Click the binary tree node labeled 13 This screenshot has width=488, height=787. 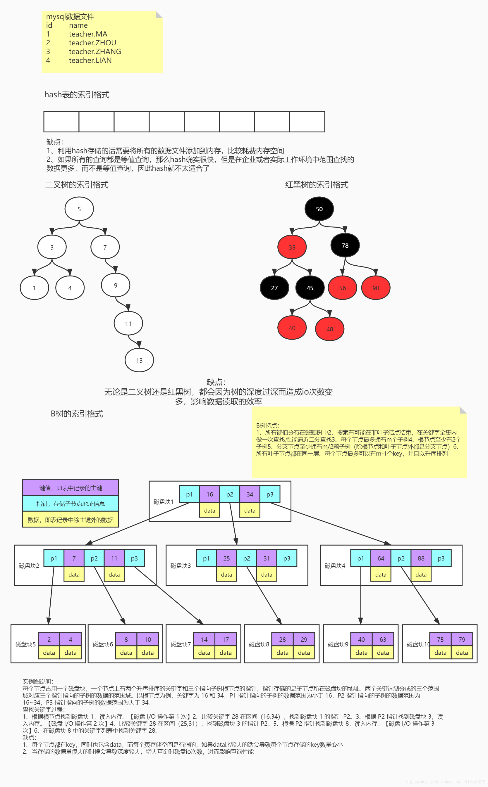(x=139, y=360)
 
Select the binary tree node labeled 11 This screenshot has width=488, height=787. (x=128, y=324)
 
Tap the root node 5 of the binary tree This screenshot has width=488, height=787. (x=79, y=209)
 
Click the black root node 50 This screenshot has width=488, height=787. (x=319, y=209)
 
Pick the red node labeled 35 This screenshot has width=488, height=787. (x=292, y=247)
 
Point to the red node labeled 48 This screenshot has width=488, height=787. (x=329, y=329)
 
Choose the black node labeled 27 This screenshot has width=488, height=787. (x=274, y=288)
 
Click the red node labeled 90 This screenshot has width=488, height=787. (x=376, y=288)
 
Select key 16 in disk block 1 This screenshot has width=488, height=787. (x=209, y=494)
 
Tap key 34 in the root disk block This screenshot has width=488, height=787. (x=250, y=494)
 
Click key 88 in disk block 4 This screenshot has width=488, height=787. (x=421, y=558)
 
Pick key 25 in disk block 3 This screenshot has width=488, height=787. (x=226, y=558)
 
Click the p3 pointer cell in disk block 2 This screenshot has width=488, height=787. (x=134, y=558)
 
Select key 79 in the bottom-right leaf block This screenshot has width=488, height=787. (x=462, y=639)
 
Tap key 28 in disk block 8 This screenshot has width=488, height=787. (x=282, y=639)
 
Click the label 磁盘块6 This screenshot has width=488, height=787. (x=103, y=644)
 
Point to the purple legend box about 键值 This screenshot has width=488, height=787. (x=70, y=488)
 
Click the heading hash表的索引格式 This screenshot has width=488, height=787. (x=77, y=94)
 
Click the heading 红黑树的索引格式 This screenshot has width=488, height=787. (x=317, y=185)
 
